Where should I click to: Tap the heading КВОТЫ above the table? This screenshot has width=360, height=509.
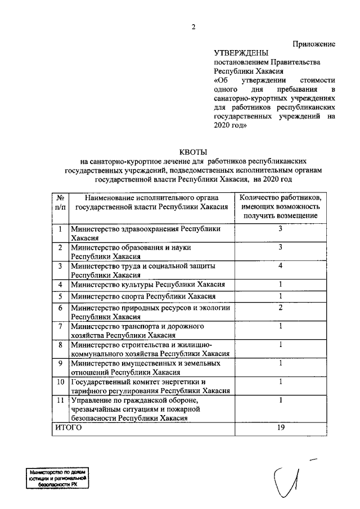point(193,151)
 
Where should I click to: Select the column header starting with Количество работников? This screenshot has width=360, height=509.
point(280,206)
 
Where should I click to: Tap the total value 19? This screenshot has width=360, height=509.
point(280,427)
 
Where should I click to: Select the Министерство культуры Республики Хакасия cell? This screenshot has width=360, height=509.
point(148,285)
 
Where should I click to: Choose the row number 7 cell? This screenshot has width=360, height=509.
point(60,326)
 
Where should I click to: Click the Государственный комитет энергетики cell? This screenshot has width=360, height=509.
point(150,387)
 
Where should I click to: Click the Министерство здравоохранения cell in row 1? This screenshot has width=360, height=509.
point(150,233)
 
